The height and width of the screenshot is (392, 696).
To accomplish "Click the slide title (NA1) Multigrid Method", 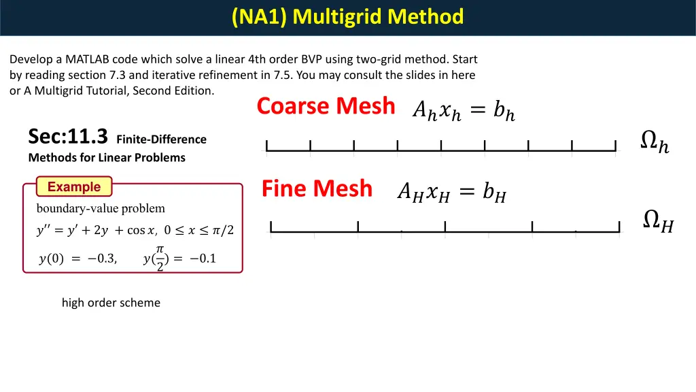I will click(347, 16).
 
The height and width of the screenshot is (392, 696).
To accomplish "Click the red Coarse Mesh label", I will click(326, 106).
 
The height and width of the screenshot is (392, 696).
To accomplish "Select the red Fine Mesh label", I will click(317, 189).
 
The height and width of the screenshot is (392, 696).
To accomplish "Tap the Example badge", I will click(74, 186).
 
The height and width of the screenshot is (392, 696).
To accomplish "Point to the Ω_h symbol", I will click(655, 142).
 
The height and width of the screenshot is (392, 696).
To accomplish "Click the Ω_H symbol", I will click(658, 221).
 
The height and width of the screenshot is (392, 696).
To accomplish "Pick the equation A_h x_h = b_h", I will click(464, 110).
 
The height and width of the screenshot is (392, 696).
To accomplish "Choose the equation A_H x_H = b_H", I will click(451, 194).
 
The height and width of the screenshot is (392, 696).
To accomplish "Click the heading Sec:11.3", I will click(68, 137).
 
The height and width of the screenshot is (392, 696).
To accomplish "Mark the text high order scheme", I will click(111, 303).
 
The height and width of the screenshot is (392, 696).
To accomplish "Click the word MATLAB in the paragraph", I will click(87, 59).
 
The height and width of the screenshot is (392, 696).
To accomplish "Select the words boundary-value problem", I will click(101, 208).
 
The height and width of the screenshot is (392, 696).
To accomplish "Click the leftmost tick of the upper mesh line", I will click(267, 145).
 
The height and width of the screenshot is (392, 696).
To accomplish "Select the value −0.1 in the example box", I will click(203, 259).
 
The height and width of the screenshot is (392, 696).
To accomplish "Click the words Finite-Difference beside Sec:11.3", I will click(161, 140).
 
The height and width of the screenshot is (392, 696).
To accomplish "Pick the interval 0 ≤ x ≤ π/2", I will click(198, 231).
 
